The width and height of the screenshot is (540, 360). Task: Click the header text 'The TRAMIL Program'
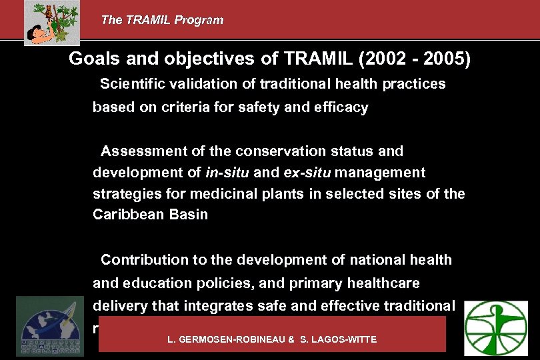tap(162, 20)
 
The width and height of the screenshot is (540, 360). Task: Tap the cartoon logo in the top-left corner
tap(52, 22)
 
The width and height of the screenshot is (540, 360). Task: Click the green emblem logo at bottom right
tap(495, 327)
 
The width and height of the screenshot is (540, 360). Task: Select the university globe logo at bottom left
tap(50, 326)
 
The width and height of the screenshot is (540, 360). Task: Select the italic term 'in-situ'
tap(227, 173)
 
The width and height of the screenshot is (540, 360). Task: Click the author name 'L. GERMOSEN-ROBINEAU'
tap(227, 339)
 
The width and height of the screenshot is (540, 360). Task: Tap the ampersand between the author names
tap(291, 339)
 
